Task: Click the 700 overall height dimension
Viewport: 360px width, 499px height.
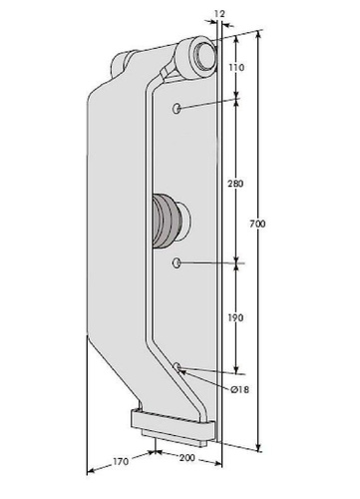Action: click(257, 224)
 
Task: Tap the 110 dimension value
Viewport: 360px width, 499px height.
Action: click(236, 68)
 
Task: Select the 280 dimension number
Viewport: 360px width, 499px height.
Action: click(235, 184)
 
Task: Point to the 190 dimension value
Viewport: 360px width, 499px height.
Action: click(235, 318)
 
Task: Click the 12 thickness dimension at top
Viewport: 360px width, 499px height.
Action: click(219, 14)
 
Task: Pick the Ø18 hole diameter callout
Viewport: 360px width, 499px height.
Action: click(239, 389)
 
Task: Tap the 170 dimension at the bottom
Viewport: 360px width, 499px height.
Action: click(121, 462)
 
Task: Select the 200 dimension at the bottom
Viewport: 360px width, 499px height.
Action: click(187, 458)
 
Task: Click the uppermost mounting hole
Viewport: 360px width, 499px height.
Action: click(177, 108)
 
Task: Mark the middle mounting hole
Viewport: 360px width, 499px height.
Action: click(177, 263)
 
